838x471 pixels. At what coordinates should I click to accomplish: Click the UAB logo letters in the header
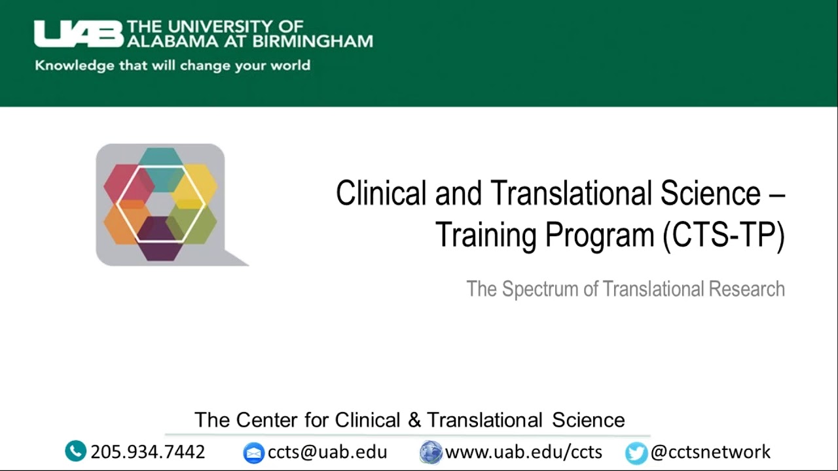pos(79,34)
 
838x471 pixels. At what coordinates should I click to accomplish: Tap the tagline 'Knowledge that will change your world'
pos(172,65)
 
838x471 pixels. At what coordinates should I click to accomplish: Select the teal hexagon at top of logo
pos(160,159)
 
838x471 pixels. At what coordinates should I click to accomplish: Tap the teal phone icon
pos(76,451)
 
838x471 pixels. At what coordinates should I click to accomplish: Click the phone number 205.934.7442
pos(148,451)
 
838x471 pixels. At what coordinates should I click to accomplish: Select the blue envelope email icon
pos(253,453)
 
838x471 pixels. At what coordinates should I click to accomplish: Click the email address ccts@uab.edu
pos(327,451)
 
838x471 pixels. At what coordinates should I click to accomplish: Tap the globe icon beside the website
pos(431,452)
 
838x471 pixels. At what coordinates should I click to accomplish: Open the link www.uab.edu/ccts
pos(524,451)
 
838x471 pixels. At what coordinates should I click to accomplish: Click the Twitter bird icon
pos(636,453)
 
